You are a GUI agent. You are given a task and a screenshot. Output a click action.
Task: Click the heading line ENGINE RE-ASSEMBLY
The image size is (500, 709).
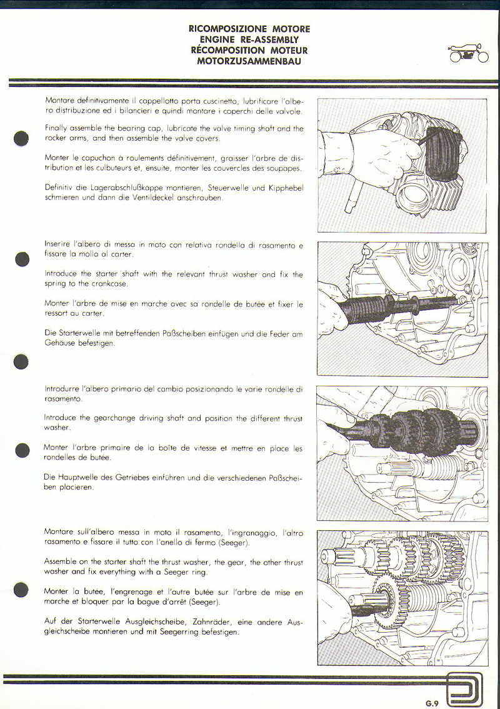coord(249,39)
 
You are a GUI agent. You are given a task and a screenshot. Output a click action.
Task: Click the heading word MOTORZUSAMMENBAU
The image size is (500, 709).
coord(249,61)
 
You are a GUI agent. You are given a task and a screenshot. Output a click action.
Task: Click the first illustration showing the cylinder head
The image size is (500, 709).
coord(402,165)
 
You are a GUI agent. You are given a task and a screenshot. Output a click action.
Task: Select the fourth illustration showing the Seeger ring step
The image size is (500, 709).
coord(402,598)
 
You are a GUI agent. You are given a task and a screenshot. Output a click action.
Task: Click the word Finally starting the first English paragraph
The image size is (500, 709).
coord(58,128)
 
